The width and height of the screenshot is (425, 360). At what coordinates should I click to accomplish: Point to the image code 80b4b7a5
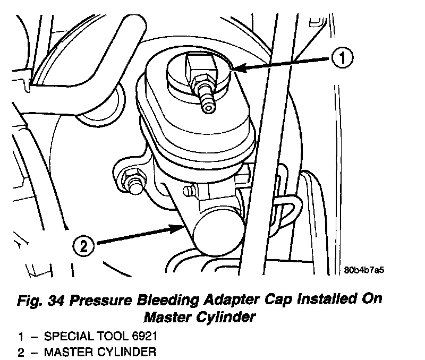click(x=364, y=270)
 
